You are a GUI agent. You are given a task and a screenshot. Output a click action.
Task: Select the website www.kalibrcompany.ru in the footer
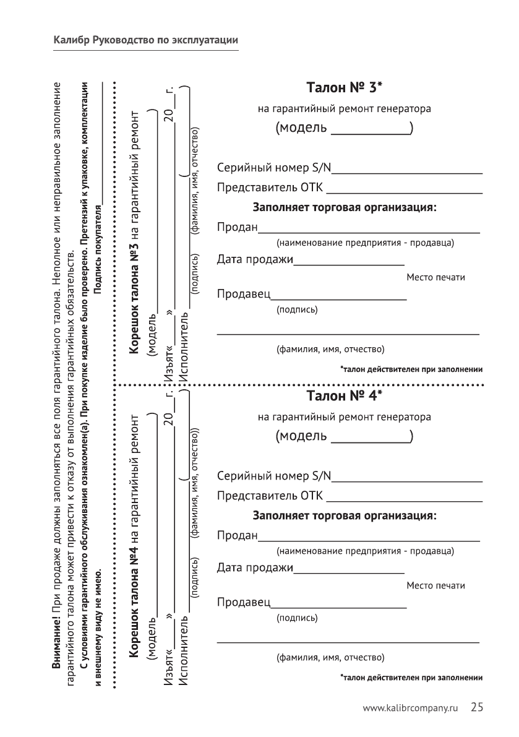(x=413, y=709)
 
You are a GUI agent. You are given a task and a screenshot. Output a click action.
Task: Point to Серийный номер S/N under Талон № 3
(x=274, y=168)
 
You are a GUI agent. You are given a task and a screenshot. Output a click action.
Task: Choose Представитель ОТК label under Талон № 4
(x=270, y=496)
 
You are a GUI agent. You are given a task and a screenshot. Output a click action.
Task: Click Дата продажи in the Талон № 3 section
(x=254, y=259)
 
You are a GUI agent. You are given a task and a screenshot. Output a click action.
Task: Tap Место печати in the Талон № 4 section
(x=435, y=585)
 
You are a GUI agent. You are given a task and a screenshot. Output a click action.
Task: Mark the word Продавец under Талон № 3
(x=244, y=293)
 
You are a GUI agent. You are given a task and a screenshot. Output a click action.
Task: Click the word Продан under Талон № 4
(x=237, y=535)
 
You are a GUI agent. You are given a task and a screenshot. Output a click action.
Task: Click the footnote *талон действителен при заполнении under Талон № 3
(x=411, y=369)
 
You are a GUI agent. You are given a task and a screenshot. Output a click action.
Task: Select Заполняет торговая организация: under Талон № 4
(x=345, y=515)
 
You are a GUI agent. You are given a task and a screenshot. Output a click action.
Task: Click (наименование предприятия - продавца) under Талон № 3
(x=365, y=242)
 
